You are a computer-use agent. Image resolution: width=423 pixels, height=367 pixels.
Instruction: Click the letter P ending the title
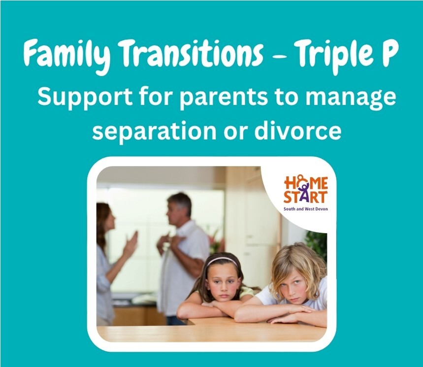click(x=388, y=53)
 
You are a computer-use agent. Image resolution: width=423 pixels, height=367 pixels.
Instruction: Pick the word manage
click(x=351, y=99)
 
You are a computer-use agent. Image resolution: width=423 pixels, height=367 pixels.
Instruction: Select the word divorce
click(x=298, y=131)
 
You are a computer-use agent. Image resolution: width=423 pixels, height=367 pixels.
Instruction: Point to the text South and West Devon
click(x=306, y=209)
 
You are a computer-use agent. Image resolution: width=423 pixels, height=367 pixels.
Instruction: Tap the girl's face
click(x=224, y=284)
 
